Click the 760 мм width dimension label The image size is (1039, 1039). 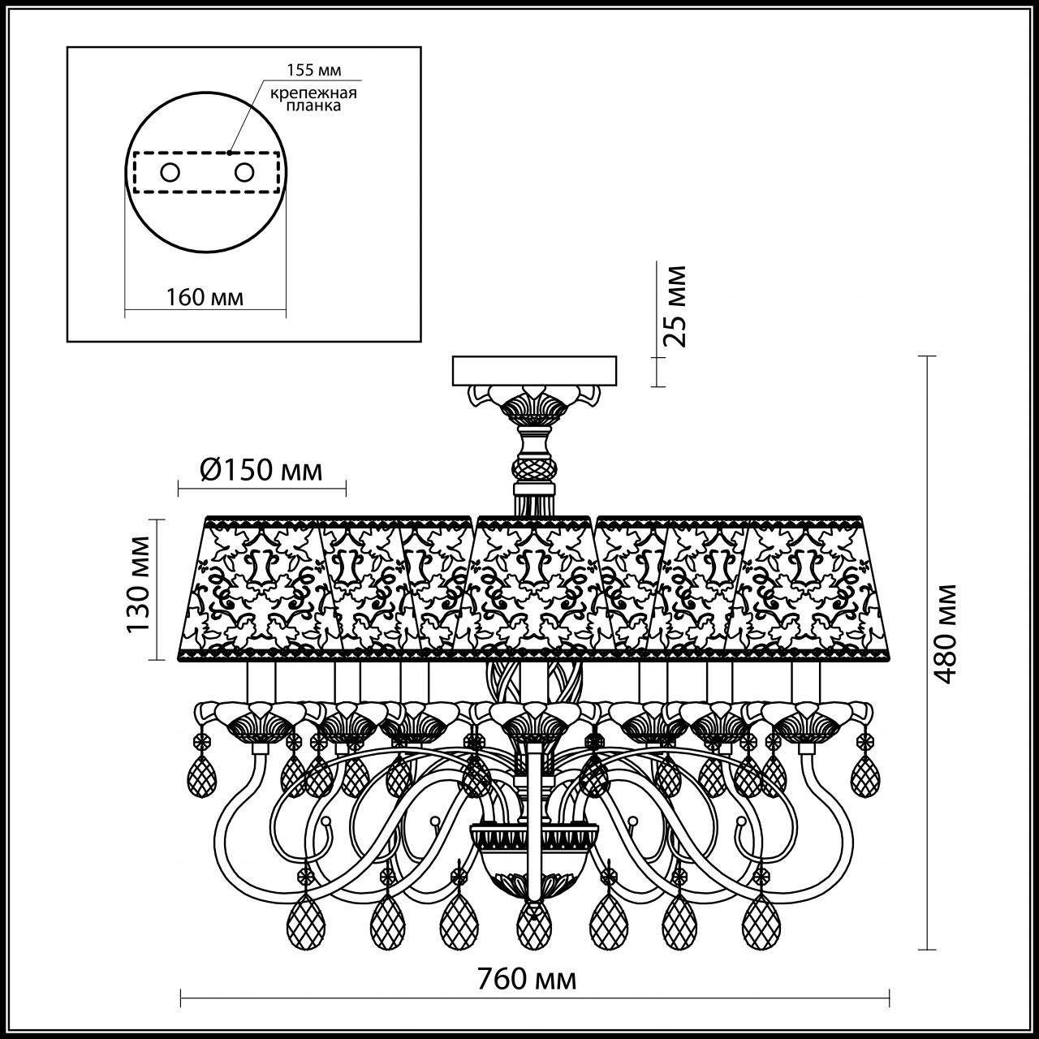pos(535,980)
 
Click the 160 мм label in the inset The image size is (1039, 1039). pos(205,297)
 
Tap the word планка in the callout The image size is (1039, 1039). pos(315,106)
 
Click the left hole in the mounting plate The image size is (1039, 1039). pos(170,172)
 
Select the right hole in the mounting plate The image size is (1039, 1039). pos(243,172)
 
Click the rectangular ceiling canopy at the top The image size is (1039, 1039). pos(535,370)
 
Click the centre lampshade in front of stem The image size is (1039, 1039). pos(534,586)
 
